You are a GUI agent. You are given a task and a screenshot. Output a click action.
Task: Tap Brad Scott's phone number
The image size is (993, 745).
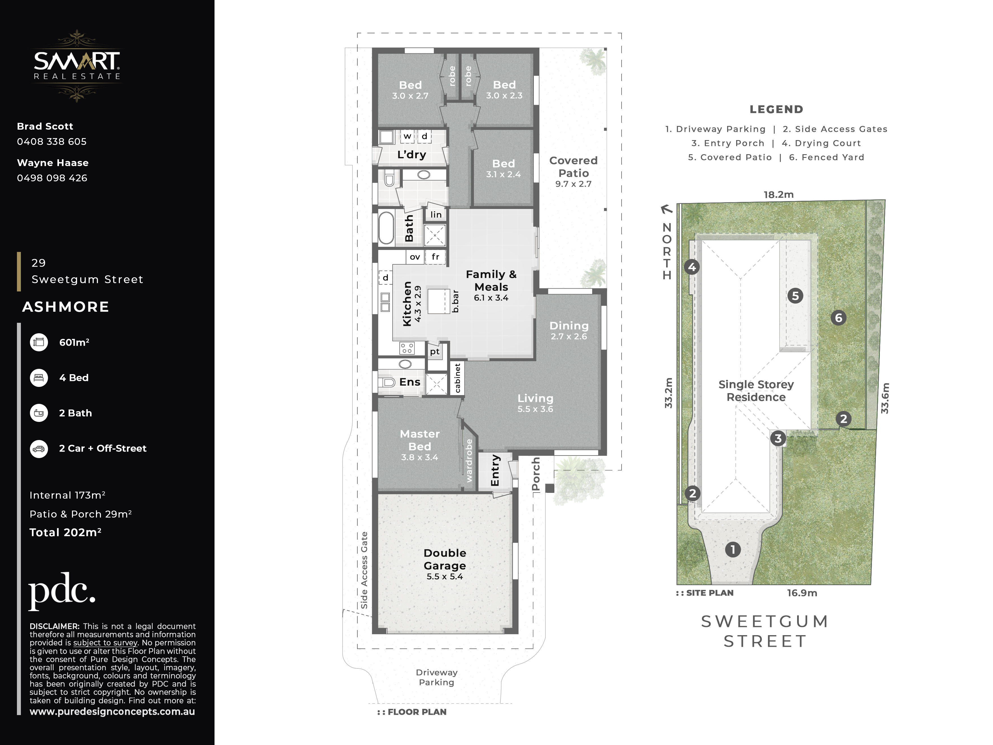coord(52,141)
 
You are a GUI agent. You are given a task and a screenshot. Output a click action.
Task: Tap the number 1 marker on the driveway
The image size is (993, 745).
coord(733,549)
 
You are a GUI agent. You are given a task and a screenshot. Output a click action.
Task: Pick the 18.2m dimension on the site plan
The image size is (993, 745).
coord(778,195)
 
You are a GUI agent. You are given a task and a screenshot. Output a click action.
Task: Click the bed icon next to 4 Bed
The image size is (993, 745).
coord(39,378)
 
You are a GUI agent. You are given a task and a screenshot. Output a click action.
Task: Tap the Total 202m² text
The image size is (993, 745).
coord(65,533)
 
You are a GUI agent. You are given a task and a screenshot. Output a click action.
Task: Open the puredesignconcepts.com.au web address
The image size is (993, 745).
coord(112,711)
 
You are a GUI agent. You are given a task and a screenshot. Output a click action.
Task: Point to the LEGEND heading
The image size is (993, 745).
coord(776,109)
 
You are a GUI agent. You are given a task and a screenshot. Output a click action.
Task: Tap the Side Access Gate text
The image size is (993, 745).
coord(364,570)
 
